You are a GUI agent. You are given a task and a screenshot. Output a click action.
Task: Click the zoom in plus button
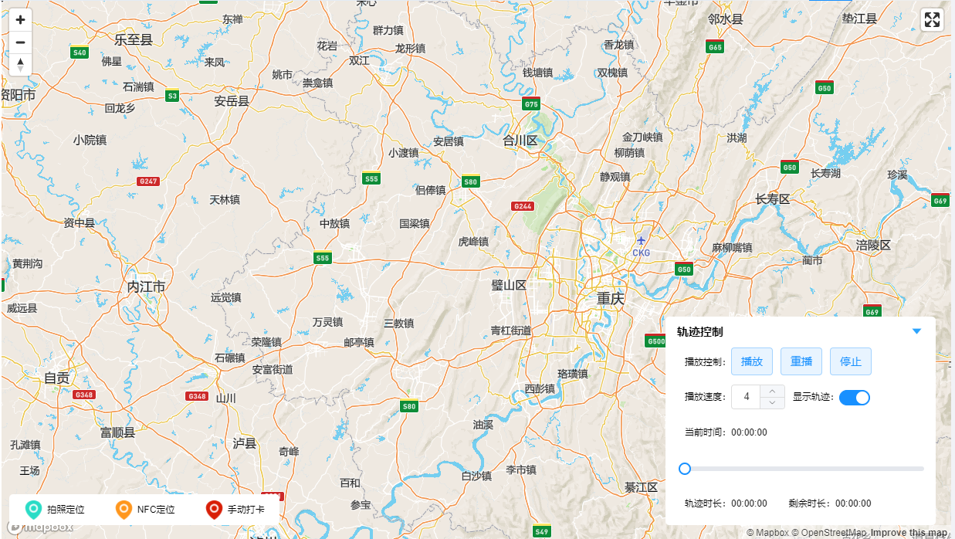20,21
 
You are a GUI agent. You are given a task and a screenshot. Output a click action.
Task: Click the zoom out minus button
20,42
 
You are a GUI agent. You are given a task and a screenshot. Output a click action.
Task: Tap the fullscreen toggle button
933,20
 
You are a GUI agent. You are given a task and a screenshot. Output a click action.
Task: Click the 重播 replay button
801,361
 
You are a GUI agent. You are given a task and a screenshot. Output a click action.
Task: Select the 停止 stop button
851,361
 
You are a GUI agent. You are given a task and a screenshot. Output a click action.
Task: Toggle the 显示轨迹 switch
855,398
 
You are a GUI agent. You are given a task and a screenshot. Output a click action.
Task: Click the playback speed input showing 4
747,397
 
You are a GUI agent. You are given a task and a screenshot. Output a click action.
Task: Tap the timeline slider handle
684,469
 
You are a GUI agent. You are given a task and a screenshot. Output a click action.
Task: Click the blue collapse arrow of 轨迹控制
917,331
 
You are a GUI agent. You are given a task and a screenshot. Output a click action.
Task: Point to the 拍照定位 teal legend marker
32,510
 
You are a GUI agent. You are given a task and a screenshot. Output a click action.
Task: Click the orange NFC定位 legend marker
123,510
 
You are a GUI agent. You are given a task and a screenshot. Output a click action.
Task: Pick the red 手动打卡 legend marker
214,510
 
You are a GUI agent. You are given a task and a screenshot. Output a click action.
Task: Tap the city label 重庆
610,299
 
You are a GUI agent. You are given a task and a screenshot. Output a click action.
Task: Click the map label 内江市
146,287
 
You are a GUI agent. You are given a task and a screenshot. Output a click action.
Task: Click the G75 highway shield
531,104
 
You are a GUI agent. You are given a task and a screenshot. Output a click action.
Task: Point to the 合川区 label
520,141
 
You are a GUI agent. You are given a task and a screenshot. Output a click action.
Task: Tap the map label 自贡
56,378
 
